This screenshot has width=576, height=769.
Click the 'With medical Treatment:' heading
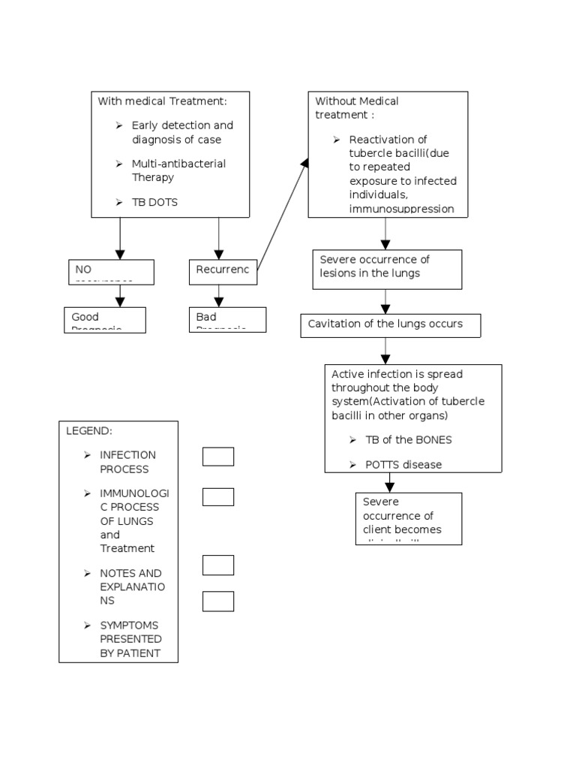(x=162, y=101)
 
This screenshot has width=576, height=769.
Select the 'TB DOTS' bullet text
(x=154, y=203)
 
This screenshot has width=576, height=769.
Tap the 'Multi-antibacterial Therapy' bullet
(x=178, y=170)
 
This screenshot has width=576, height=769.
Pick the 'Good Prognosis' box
(x=104, y=319)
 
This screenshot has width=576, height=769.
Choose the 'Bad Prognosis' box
(x=227, y=319)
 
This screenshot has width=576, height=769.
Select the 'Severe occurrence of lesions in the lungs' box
(x=386, y=269)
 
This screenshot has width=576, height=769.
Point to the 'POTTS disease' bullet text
(x=403, y=464)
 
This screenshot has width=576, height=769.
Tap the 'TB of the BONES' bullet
(x=408, y=440)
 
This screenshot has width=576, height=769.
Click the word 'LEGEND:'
(x=89, y=431)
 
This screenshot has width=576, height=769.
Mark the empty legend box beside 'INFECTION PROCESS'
(x=218, y=457)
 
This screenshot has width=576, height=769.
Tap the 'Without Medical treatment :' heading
(x=356, y=108)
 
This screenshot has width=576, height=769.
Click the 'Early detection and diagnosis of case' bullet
(x=181, y=132)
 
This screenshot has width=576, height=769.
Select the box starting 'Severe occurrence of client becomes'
(x=408, y=518)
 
